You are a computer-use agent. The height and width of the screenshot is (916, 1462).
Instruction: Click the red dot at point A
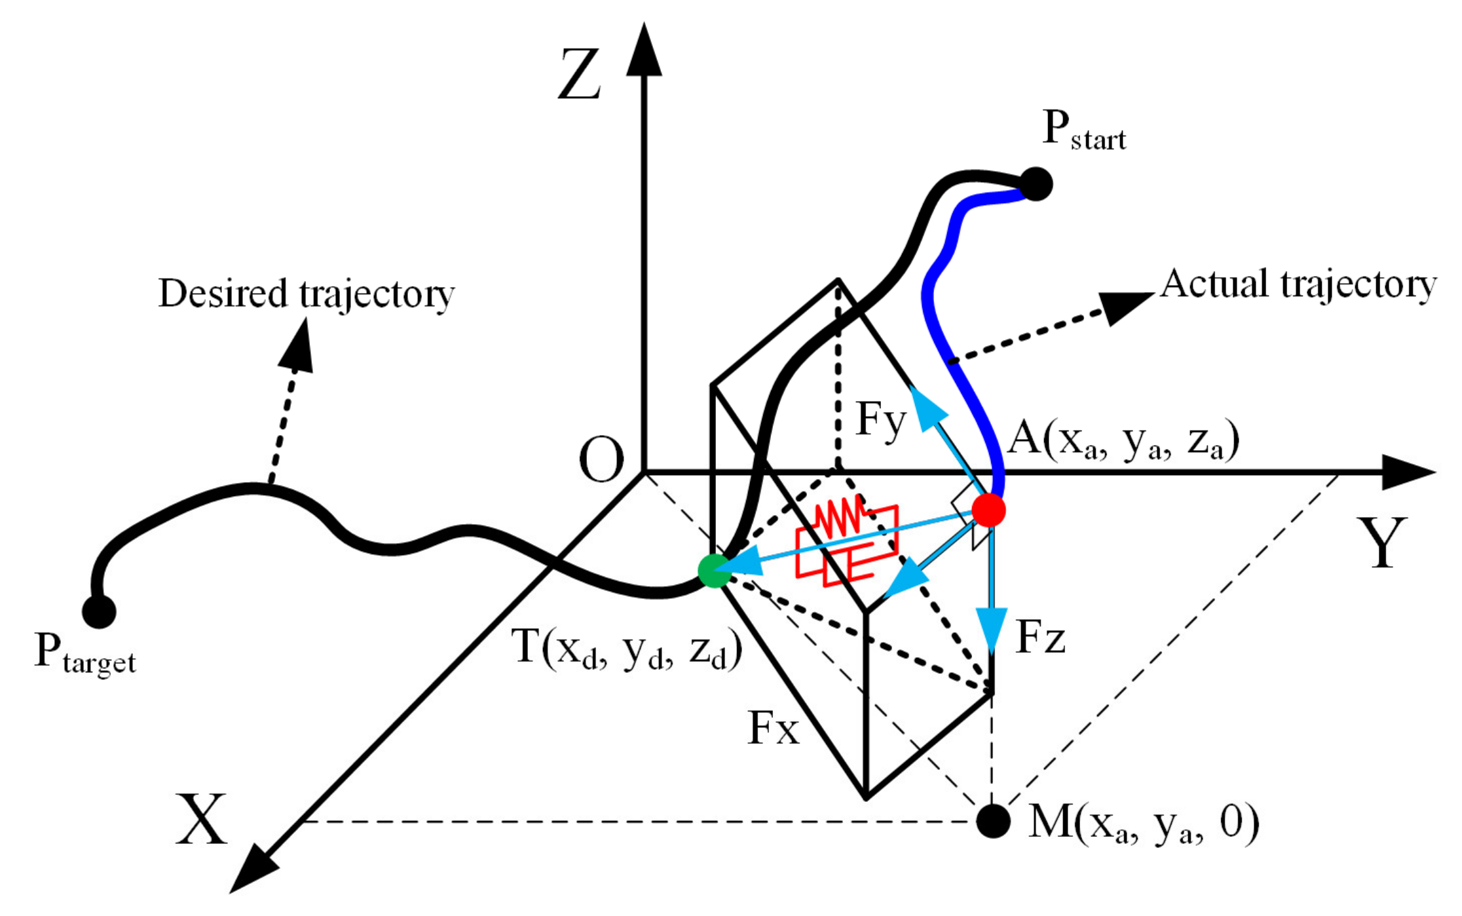988,510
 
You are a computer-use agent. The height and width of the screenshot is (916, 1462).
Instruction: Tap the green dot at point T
714,571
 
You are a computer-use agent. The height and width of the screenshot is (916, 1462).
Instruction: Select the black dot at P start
1036,184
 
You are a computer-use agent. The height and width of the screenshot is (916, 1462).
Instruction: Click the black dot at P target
99,611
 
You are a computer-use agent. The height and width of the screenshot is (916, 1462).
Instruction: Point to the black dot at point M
993,820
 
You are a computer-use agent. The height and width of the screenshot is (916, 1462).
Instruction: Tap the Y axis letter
1381,544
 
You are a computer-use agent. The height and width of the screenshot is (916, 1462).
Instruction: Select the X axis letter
201,820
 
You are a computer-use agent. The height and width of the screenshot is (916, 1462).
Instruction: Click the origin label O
601,460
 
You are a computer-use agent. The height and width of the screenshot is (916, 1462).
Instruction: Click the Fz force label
1041,638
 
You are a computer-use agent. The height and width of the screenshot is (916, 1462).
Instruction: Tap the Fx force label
774,729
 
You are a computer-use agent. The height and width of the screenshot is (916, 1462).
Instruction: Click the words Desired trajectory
307,294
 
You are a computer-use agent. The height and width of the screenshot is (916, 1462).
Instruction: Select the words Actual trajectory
1298,285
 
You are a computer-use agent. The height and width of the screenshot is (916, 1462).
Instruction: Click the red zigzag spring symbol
838,516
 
